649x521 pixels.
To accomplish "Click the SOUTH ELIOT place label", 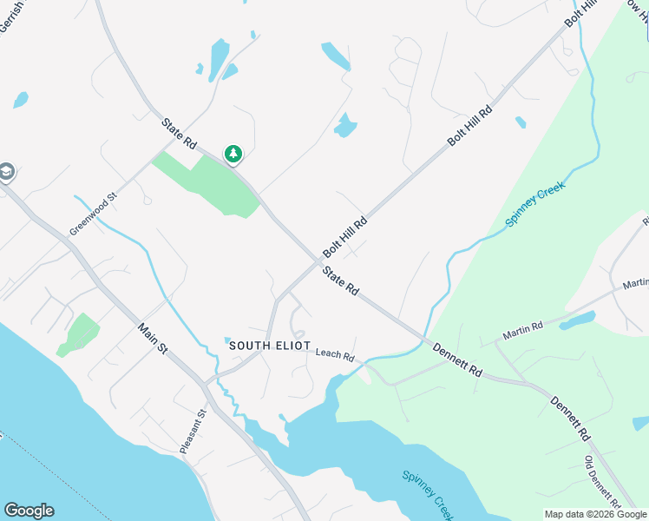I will (269, 346).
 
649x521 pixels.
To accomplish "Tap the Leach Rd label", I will (335, 355).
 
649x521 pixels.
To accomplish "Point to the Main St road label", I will (153, 338).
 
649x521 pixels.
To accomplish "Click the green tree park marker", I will (233, 155).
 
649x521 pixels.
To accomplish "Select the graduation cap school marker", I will (6, 172).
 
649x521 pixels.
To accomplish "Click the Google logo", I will (29, 511).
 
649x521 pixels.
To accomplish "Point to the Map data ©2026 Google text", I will (595, 515).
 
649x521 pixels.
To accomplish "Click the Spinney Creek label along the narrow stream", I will (535, 206).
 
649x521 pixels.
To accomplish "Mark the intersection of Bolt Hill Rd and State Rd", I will (318, 260).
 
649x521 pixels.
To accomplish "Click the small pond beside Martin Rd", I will (576, 321).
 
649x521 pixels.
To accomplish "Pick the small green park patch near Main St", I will (79, 334).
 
